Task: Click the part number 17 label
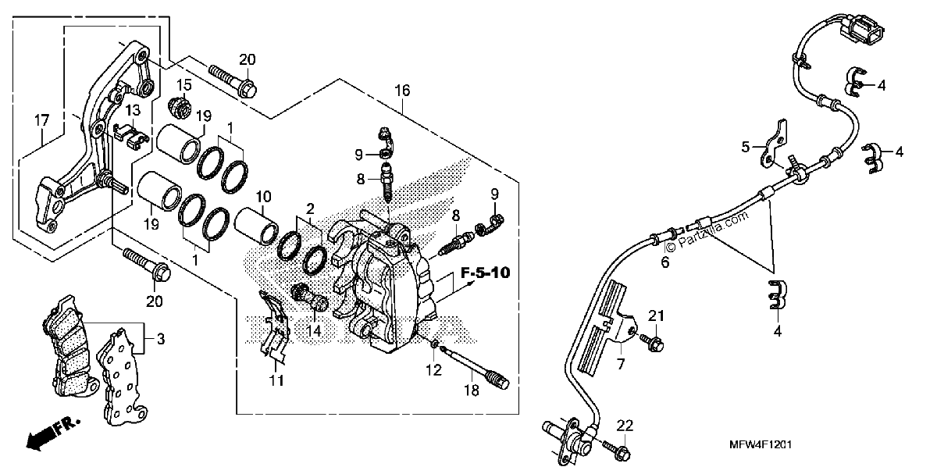[x=42, y=120]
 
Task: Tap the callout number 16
[x=402, y=91]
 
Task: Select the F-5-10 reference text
[x=485, y=273]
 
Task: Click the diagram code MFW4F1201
[x=761, y=444]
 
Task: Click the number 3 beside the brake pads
[x=161, y=339]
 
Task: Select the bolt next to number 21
[x=651, y=342]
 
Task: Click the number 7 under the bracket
[x=620, y=364]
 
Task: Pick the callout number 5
[x=745, y=147]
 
